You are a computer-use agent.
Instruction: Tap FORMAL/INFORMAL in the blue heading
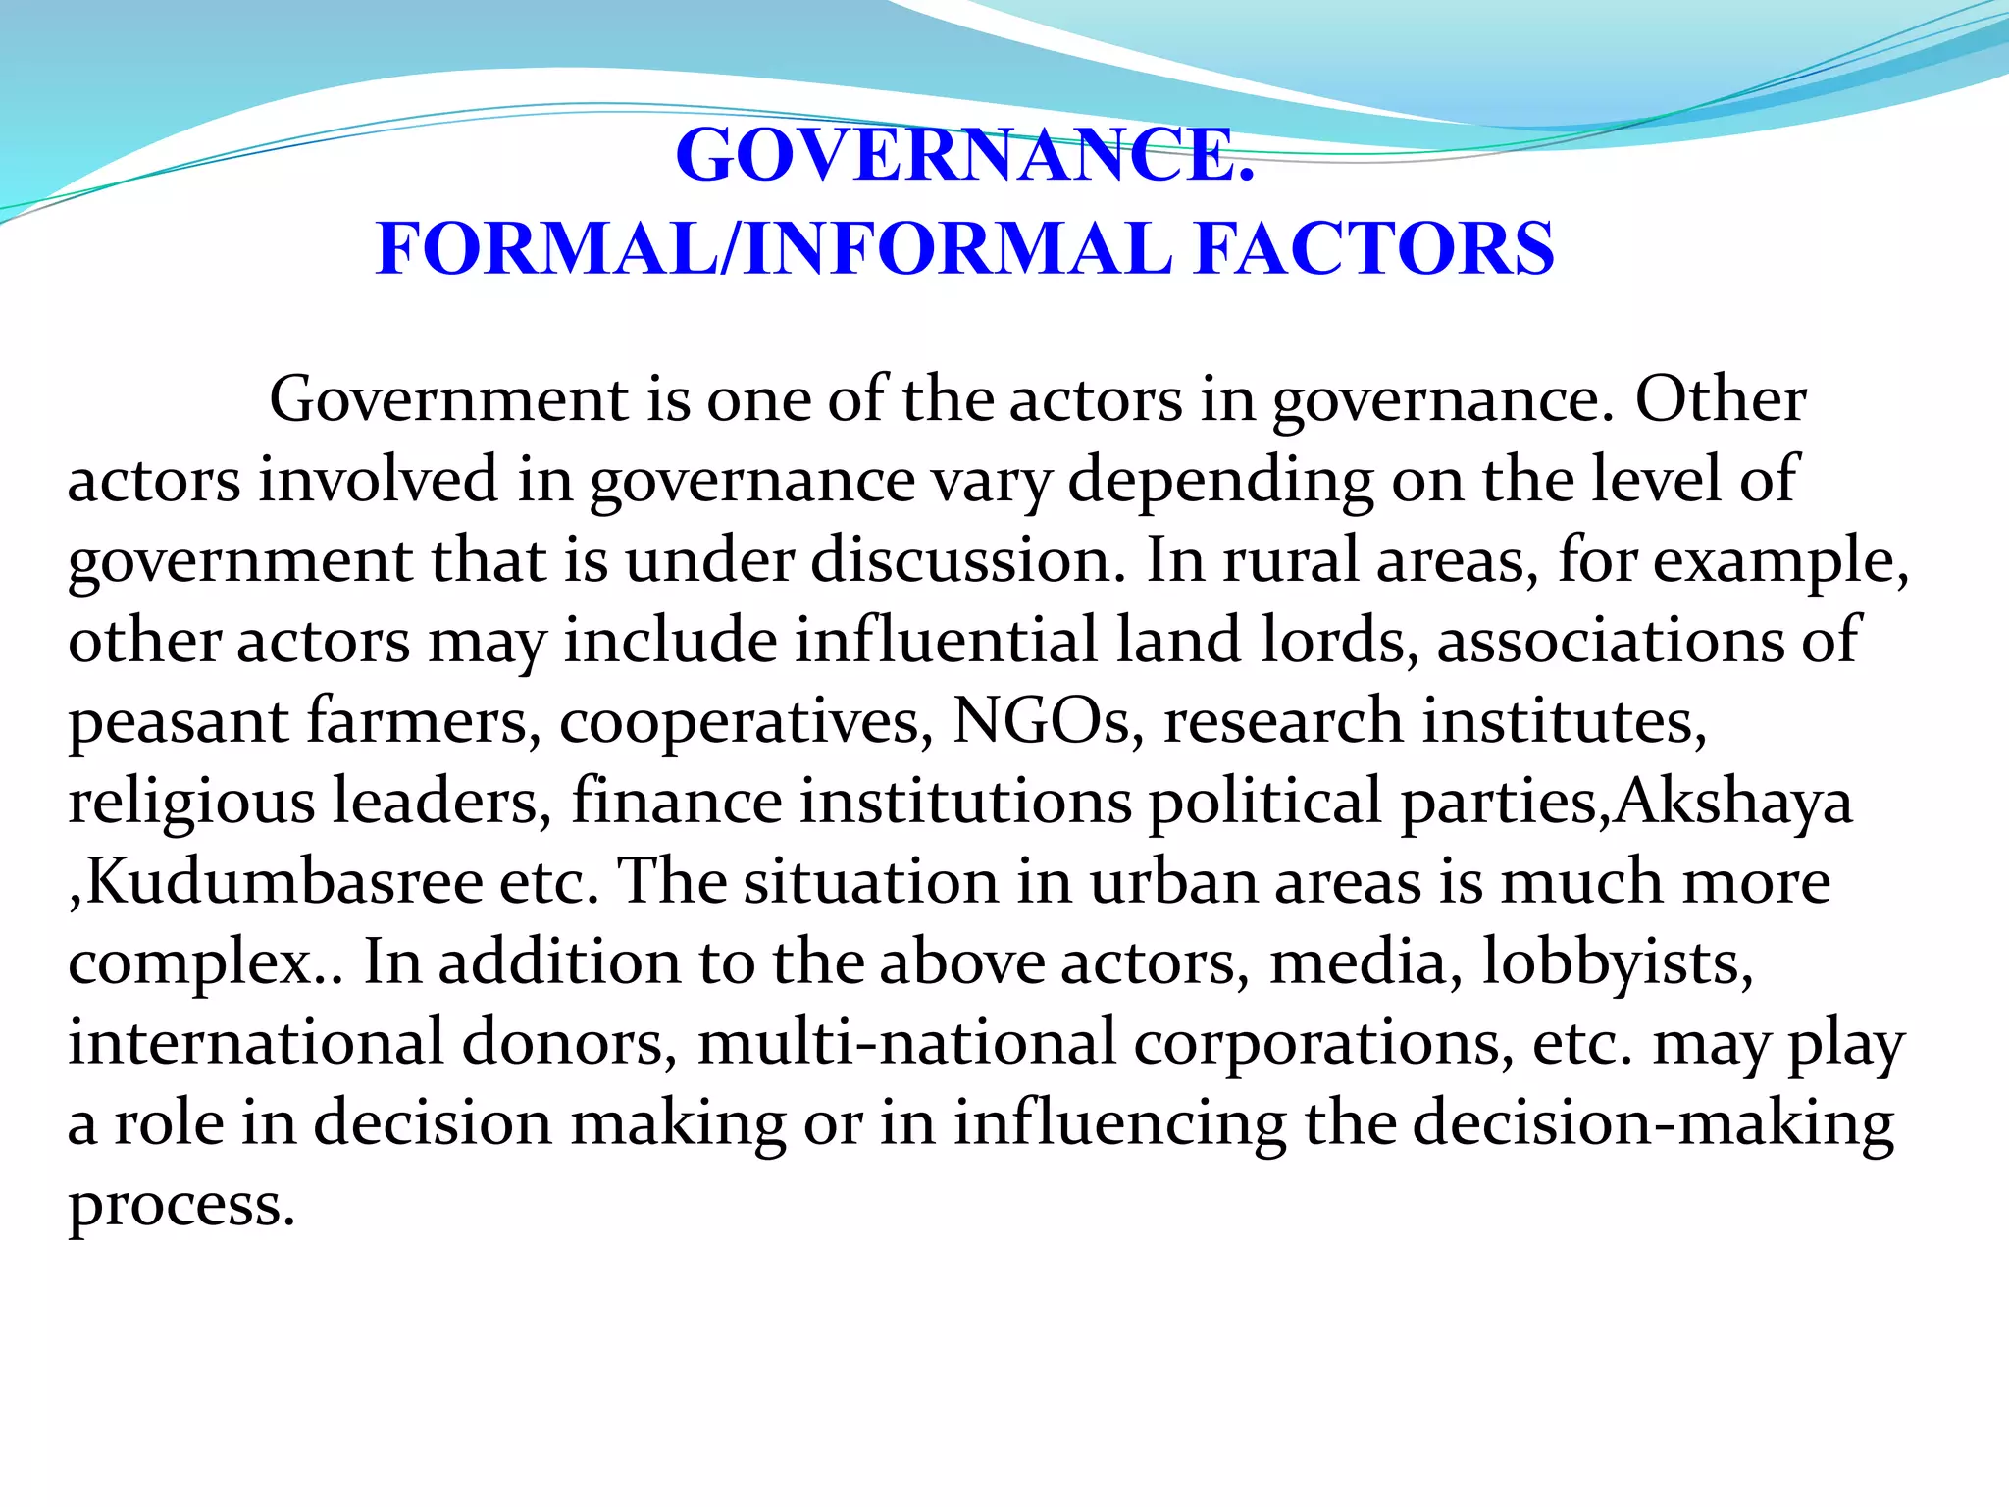(x=774, y=248)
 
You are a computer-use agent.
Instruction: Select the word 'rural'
(x=1290, y=560)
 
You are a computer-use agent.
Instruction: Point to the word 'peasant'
(x=178, y=723)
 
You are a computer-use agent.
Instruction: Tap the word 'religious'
(x=191, y=804)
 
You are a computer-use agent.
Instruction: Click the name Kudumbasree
(x=284, y=882)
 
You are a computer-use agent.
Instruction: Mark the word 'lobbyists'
(x=1618, y=963)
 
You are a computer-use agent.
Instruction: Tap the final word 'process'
(x=180, y=1206)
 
